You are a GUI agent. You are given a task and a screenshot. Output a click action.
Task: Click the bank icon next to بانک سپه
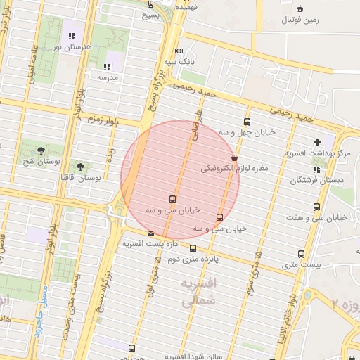point(179,51)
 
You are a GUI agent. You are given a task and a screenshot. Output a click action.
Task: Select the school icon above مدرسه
point(108,67)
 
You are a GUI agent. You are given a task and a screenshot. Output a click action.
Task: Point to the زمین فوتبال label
point(300,20)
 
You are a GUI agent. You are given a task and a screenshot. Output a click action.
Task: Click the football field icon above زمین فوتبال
point(300,8)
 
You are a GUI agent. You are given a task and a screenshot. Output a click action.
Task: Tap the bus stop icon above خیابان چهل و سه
point(247,122)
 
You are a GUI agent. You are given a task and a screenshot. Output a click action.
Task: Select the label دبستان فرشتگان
point(314,181)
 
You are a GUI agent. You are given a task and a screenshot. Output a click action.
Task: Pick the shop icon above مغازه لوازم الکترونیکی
point(234,158)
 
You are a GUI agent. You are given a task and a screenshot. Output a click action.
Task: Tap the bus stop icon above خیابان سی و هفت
point(316,207)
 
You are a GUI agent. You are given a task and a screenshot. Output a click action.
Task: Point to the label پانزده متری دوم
point(193,259)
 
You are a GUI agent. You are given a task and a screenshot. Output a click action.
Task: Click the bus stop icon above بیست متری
point(301,254)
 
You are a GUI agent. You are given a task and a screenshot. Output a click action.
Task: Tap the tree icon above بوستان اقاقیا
point(80,167)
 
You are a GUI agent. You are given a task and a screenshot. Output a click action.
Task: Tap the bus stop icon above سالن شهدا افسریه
point(131,348)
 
